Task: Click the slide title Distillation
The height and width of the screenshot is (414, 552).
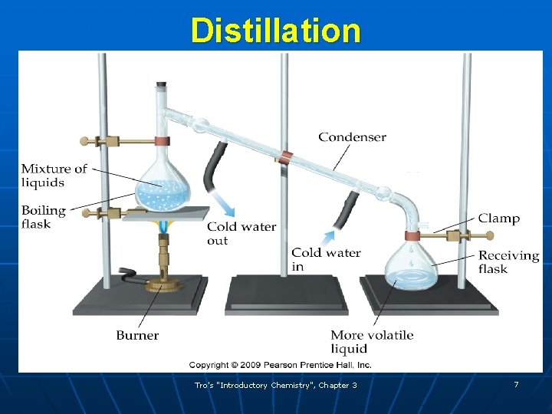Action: pos(275,31)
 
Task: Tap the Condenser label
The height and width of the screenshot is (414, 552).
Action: pos(352,137)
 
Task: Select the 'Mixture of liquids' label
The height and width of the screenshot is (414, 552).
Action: pos(54,176)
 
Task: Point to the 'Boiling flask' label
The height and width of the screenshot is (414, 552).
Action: pos(43,217)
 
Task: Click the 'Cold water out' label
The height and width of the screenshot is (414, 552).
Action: pos(241,233)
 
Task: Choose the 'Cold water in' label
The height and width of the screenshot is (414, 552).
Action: pos(325,259)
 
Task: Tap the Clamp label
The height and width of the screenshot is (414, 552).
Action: pos(498,219)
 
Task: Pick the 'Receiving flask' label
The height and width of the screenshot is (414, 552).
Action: pos(508,262)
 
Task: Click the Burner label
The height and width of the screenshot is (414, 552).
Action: pos(137,335)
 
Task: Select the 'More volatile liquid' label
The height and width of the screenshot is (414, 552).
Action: pos(371,342)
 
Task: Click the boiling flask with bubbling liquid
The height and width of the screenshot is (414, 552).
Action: pos(162,188)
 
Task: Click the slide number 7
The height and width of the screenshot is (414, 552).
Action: pos(516,384)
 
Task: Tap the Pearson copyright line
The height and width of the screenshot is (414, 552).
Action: pos(280,365)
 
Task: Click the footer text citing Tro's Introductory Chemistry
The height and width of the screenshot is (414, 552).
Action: pos(275,385)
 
